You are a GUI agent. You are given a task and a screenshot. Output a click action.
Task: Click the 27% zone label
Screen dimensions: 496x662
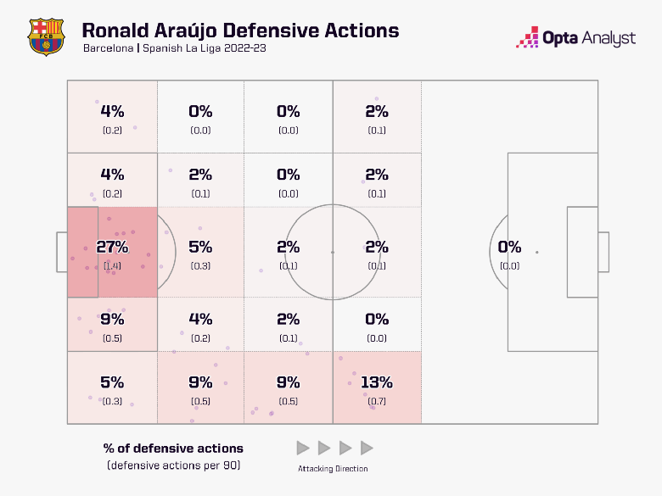coord(112,248)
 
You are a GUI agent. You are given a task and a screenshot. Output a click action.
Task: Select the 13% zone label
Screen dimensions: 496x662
coord(377,382)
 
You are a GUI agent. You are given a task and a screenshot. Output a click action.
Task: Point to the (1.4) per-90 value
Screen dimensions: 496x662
coord(112,266)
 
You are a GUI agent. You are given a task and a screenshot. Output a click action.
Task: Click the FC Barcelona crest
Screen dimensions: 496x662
coord(46,36)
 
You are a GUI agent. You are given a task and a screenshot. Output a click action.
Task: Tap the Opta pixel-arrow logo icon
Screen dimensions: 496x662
coord(527,38)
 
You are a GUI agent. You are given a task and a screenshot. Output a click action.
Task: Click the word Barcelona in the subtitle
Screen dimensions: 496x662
coord(108,48)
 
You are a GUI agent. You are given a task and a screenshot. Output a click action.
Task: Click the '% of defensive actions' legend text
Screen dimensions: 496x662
coord(172,449)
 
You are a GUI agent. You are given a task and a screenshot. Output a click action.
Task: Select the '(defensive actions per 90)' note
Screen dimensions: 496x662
coord(172,465)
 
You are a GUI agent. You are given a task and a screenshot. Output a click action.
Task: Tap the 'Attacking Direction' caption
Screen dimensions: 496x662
coord(333,469)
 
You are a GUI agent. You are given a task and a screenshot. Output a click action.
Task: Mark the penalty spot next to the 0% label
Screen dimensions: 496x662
coord(536,252)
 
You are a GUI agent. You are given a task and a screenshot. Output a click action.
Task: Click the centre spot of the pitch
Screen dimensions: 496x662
coord(333,252)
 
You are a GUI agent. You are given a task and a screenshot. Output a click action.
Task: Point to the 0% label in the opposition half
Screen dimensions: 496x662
coord(509,248)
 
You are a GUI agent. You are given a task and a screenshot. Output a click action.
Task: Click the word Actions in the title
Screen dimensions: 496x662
coord(362,31)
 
